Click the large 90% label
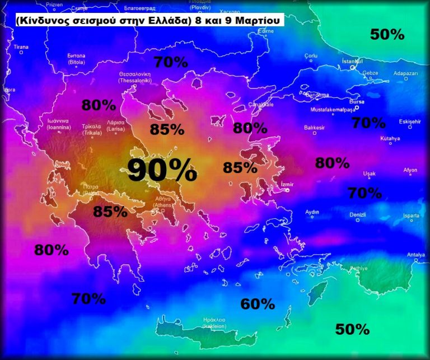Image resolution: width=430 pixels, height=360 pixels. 162,170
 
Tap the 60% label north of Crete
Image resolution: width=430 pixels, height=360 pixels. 258,304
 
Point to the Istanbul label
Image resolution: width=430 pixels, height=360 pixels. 352,61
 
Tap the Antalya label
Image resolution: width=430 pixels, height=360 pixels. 415,255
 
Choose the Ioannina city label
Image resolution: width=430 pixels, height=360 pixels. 58,124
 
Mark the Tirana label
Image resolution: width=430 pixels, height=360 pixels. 21,47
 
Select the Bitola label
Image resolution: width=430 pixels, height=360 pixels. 76,59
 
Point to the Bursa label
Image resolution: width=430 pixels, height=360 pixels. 356,102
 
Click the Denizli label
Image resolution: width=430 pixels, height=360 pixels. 357,214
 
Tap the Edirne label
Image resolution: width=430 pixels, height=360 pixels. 265,31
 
